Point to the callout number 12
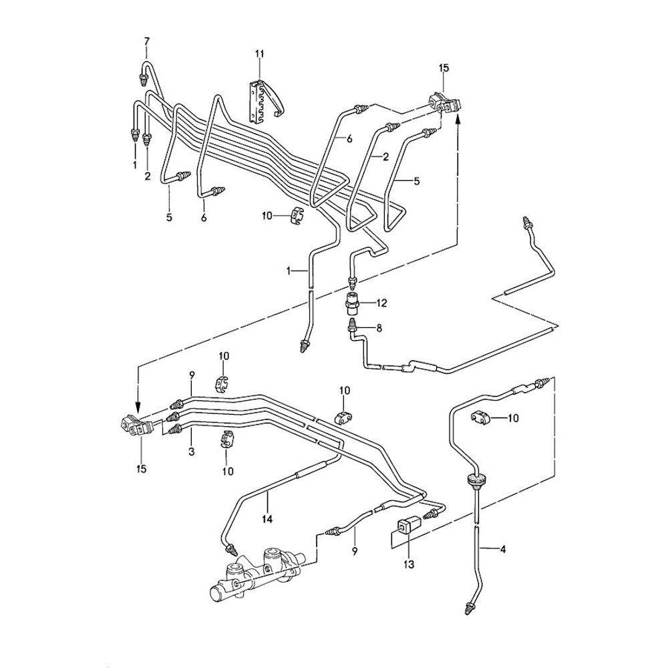[381, 303]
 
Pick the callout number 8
[379, 327]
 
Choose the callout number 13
[409, 564]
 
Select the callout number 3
[190, 452]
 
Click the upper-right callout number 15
[444, 68]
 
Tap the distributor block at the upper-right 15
[442, 104]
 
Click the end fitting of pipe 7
[142, 80]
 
